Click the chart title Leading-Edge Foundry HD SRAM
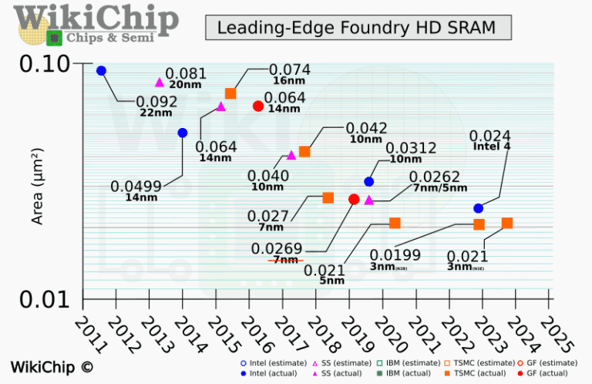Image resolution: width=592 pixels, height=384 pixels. (x=358, y=28)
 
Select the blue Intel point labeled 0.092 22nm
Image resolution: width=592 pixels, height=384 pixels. (x=101, y=71)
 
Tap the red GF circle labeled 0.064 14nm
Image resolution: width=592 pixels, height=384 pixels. (x=258, y=106)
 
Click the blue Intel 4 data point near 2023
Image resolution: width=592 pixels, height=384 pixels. (x=478, y=208)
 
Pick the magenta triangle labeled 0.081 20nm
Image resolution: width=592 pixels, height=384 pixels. (x=160, y=83)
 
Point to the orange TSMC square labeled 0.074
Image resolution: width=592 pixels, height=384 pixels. (x=230, y=93)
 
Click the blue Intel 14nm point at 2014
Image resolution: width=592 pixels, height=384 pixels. (x=183, y=133)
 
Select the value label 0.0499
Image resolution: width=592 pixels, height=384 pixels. (x=136, y=186)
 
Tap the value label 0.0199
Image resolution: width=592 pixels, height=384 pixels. (x=395, y=254)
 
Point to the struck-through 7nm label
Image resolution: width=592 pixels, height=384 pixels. (x=285, y=260)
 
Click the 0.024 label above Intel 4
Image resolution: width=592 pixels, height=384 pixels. (x=490, y=136)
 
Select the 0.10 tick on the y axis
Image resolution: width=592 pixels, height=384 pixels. (x=45, y=63)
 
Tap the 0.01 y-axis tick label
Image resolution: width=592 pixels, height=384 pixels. (x=45, y=298)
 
